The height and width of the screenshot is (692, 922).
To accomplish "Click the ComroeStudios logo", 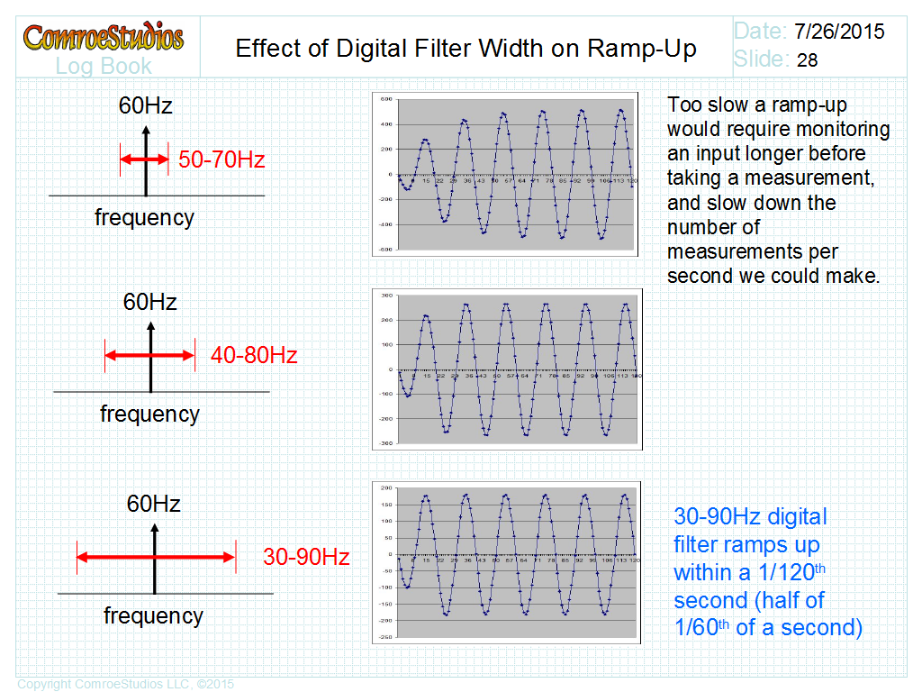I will (x=104, y=37).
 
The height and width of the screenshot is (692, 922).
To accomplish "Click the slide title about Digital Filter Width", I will (x=466, y=48).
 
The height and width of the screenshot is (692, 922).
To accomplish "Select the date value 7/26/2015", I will (x=839, y=32).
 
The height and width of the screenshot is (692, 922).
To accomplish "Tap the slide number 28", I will (x=808, y=60).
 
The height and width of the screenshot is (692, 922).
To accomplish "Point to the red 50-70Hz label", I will (x=221, y=160).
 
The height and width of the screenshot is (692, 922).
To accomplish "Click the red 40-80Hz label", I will (x=254, y=355).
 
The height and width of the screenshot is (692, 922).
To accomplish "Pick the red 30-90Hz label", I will (x=306, y=557).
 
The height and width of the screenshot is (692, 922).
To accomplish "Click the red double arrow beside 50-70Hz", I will (x=144, y=159).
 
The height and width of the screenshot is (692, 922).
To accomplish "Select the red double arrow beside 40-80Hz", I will (x=149, y=355).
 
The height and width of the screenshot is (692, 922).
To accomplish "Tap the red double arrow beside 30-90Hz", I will (x=156, y=557).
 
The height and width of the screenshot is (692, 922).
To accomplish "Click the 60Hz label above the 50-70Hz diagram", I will (x=145, y=105).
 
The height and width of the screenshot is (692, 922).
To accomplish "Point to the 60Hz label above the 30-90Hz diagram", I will (x=153, y=503).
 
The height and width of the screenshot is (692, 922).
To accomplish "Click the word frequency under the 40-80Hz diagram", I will (x=149, y=414).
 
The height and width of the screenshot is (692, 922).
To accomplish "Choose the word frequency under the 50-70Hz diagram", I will (x=144, y=217).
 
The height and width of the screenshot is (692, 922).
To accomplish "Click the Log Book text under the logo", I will (x=104, y=66).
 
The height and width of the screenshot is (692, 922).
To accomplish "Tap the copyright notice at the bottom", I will (x=125, y=684).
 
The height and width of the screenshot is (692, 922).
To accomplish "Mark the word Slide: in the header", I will (x=762, y=59).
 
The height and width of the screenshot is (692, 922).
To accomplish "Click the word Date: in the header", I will (x=760, y=32).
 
